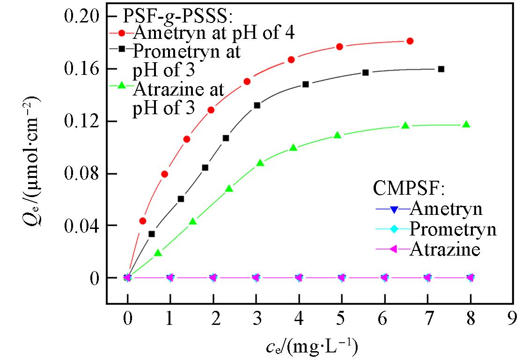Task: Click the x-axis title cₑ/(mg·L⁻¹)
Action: [x=311, y=346]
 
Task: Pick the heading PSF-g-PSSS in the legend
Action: [x=178, y=16]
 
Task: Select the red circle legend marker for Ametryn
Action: [x=122, y=33]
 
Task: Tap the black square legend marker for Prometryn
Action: [x=122, y=48]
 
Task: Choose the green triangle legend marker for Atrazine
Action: [x=122, y=86]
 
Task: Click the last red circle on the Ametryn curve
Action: [x=410, y=41]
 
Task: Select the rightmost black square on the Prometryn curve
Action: [x=441, y=69]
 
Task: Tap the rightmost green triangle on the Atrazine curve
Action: [x=466, y=125]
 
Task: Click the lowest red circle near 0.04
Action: [x=143, y=221]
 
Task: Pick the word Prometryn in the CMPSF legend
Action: [x=453, y=229]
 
